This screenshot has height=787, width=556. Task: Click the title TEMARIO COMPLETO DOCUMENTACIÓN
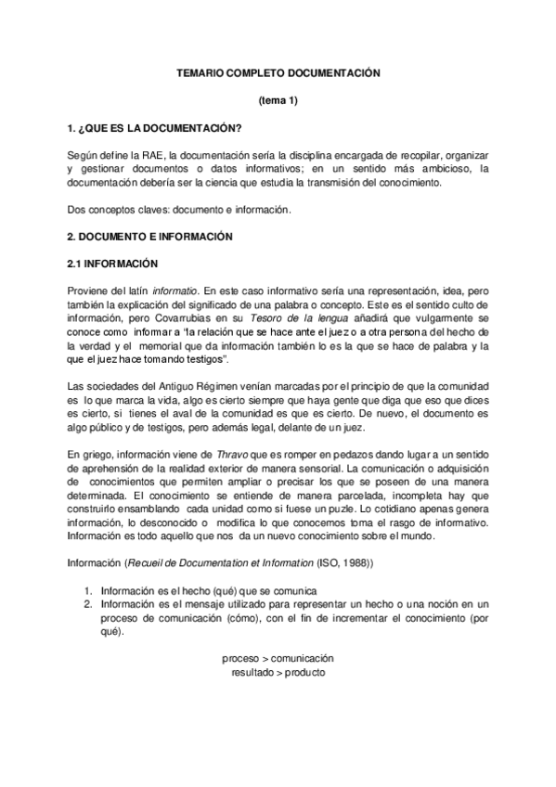278,71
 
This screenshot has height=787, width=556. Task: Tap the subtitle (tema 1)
278,99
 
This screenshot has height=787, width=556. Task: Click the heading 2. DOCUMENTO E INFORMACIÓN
145,237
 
